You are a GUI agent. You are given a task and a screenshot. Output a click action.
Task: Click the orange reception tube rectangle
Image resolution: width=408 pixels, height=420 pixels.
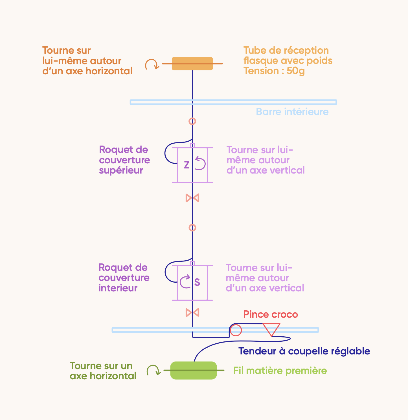click(x=192, y=64)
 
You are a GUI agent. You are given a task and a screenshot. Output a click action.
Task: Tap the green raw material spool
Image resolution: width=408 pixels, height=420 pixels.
click(x=194, y=370)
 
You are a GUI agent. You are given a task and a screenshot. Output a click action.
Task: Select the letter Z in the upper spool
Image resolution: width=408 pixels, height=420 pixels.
click(x=187, y=165)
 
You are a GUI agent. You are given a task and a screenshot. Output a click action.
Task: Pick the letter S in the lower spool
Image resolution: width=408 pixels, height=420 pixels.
click(x=197, y=282)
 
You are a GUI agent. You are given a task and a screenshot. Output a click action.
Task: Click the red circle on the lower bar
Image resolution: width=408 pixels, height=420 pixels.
click(x=236, y=330)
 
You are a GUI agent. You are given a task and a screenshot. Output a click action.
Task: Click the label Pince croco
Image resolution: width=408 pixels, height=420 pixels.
click(x=271, y=314)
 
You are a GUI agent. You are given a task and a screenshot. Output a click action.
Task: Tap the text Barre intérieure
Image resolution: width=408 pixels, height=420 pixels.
click(x=292, y=112)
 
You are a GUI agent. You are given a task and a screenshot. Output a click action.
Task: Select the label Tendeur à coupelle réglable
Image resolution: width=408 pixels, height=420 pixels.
click(x=304, y=351)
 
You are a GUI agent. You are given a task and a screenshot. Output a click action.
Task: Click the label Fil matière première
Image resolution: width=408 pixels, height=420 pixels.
click(x=280, y=371)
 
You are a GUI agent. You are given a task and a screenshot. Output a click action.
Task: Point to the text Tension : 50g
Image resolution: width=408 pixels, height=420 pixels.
click(x=274, y=71)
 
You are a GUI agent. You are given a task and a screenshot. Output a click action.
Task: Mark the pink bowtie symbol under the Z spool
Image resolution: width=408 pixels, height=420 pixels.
click(x=192, y=198)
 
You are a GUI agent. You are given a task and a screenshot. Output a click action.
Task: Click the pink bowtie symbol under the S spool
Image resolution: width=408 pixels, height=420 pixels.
click(x=192, y=313)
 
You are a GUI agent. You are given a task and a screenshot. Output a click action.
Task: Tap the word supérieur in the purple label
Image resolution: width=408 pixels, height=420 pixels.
click(x=121, y=170)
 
